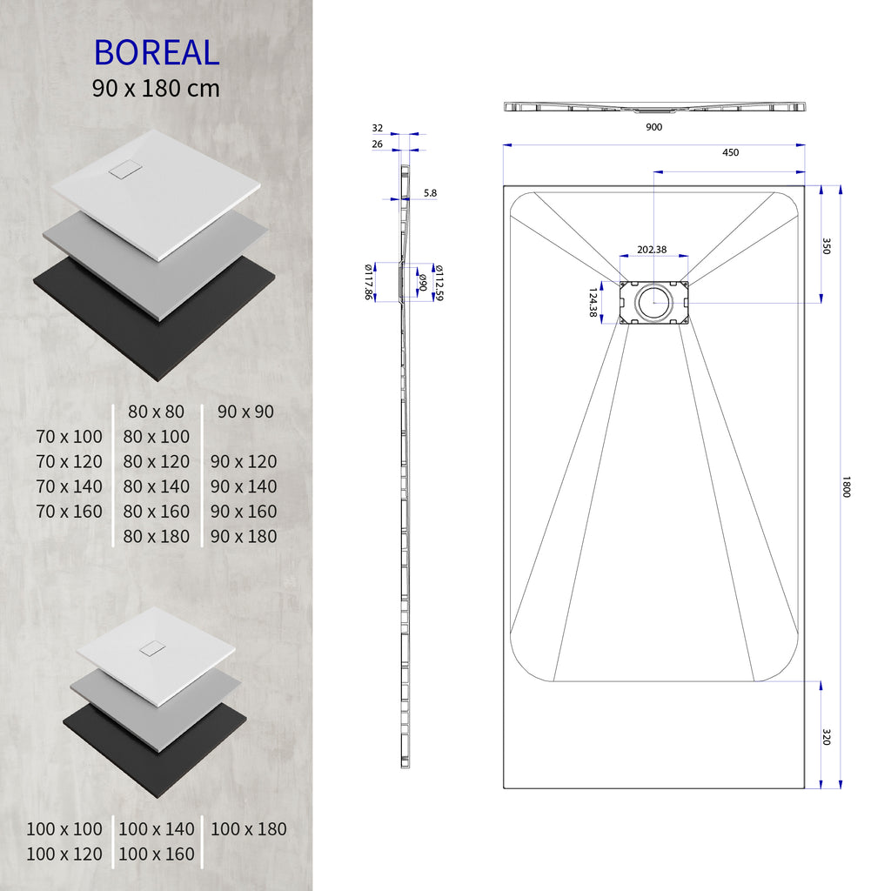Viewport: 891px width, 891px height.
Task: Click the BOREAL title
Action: coord(157,52)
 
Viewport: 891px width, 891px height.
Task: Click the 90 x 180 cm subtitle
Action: coord(157,88)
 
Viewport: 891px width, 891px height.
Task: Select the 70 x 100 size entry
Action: coord(70,437)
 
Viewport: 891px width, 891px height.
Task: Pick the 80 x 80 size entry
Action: coord(157,412)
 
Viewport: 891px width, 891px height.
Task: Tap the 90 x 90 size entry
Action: coord(246,412)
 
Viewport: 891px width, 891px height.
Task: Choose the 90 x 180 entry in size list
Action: coord(244,537)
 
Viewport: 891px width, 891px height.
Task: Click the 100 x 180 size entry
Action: coord(249,829)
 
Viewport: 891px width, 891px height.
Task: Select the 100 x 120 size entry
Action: coord(64,854)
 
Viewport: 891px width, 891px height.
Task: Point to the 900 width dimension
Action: coord(654,127)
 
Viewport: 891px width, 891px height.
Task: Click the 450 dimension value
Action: coord(730,153)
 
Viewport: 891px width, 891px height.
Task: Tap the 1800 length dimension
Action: coord(845,486)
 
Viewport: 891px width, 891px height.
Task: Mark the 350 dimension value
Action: coord(827,245)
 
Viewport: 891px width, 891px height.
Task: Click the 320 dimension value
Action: coord(827,737)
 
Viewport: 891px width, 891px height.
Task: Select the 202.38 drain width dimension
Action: coord(652,250)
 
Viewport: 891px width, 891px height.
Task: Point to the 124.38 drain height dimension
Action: coord(594,302)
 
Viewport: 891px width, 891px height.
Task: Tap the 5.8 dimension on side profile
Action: coord(431,192)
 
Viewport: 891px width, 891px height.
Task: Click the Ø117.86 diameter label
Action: coord(368,282)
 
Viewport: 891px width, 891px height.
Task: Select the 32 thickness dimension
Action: coord(377,128)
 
